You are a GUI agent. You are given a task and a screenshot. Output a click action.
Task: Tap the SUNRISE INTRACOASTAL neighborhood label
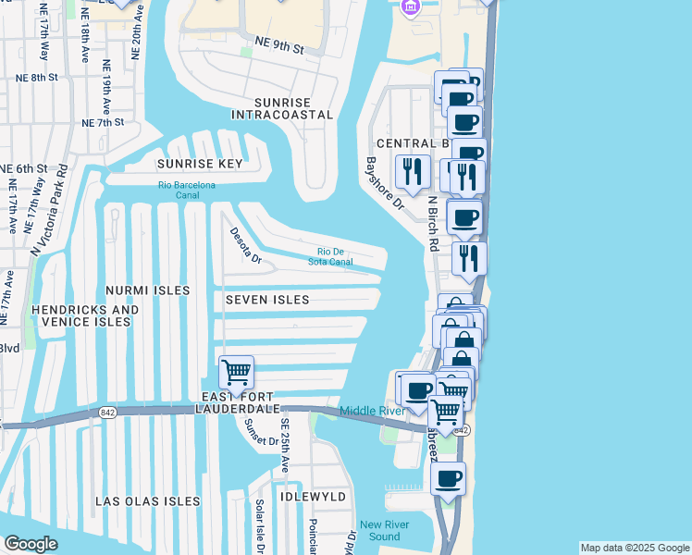coord(282,107)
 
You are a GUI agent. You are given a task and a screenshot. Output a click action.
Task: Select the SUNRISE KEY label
coord(199,164)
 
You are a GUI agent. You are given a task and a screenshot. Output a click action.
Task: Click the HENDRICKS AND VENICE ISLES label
coord(85,315)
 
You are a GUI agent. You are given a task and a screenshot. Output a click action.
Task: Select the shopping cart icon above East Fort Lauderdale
coord(236,373)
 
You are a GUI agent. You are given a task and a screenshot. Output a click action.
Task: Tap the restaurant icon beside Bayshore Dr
coord(411,171)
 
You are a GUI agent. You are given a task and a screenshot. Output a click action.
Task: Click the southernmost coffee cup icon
coord(449,479)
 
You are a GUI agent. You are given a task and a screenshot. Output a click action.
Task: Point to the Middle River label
coord(371,411)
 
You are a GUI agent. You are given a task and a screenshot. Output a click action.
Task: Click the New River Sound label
coord(380,530)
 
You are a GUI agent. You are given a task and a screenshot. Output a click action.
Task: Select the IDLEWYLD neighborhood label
coord(315,498)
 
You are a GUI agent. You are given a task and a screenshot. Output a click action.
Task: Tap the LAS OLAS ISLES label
coord(148,501)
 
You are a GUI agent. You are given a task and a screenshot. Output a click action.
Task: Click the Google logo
coord(30,544)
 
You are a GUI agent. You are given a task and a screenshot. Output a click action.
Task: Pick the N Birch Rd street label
coord(431,224)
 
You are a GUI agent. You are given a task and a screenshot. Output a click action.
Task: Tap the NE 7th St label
coord(103,122)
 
